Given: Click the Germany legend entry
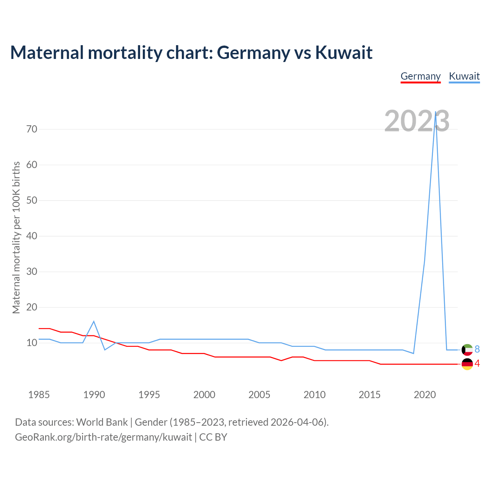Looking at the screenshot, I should click(420, 76).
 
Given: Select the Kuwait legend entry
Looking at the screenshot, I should click(464, 76).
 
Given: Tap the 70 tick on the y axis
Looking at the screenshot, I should click(32, 129).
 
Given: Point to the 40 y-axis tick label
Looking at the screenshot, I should click(32, 236).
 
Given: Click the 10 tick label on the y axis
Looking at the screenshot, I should click(32, 343).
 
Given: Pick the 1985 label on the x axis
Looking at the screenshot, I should click(39, 395).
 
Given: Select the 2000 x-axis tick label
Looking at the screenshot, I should click(204, 395).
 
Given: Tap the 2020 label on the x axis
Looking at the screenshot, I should click(425, 395).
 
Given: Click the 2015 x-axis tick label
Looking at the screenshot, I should click(369, 395).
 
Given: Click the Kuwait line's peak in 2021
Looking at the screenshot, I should click(436, 112).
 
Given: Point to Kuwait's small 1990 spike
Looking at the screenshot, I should click(94, 322).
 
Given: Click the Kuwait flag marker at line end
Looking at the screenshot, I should click(467, 350).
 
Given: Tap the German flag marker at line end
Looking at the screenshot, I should click(467, 364).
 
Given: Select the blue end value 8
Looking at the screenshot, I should click(477, 349).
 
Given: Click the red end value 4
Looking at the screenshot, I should click(477, 364).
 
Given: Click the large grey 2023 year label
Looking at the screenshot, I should click(416, 121).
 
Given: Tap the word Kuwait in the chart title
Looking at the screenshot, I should click(344, 52).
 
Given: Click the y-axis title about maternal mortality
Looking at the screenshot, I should click(16, 237).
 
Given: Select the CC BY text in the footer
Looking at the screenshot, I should click(213, 437).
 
